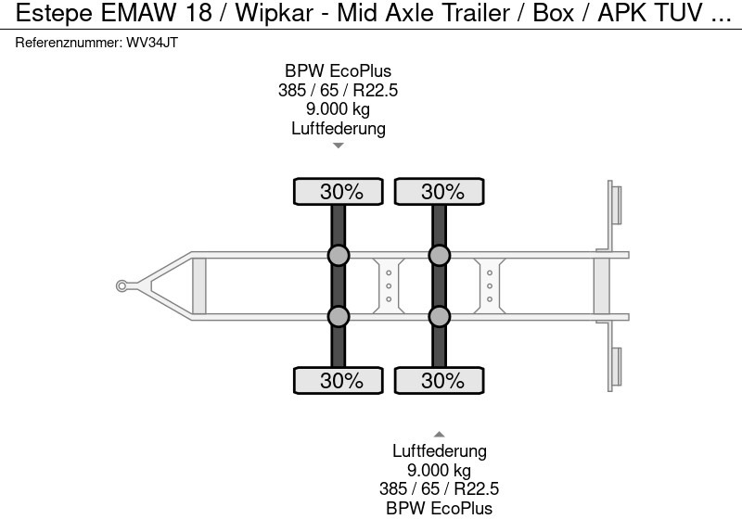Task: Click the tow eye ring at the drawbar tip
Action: pyautogui.click(x=122, y=285)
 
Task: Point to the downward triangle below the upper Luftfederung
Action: pyautogui.click(x=339, y=146)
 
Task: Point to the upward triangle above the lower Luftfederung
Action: pyautogui.click(x=440, y=434)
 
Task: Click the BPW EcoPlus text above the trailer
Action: pyautogui.click(x=339, y=71)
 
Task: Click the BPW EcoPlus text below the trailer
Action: pyautogui.click(x=440, y=507)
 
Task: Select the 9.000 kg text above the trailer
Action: pyautogui.click(x=339, y=109)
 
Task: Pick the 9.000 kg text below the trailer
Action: pyautogui.click(x=440, y=470)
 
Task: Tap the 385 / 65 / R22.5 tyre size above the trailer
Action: pyautogui.click(x=339, y=91)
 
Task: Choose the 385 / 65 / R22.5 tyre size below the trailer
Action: pyautogui.click(x=440, y=488)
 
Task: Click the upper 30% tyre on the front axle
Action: pyautogui.click(x=339, y=192)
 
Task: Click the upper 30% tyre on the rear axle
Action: pyautogui.click(x=440, y=192)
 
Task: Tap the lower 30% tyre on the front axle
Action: pyautogui.click(x=339, y=380)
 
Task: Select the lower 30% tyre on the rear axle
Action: pyautogui.click(x=440, y=380)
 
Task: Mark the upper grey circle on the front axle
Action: pyautogui.click(x=339, y=256)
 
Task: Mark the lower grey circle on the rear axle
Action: pyautogui.click(x=440, y=317)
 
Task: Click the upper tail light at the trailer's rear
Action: pyautogui.click(x=615, y=204)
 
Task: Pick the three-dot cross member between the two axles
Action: pyautogui.click(x=389, y=285)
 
